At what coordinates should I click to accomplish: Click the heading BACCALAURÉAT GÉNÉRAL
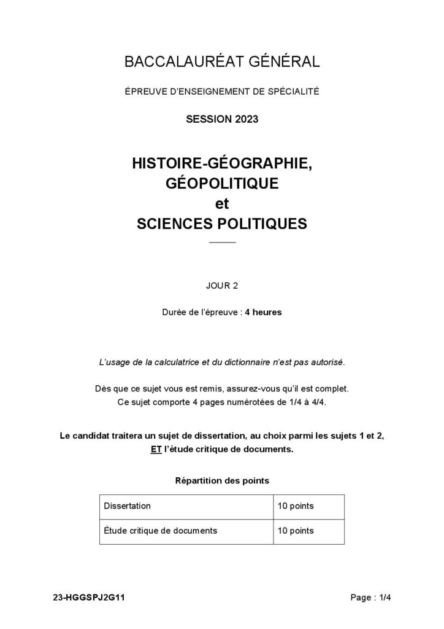[x=222, y=61]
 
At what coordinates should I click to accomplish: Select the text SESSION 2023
[x=222, y=119]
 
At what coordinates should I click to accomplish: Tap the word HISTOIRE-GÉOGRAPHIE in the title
[x=222, y=164]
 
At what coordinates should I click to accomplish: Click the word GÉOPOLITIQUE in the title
[x=222, y=183]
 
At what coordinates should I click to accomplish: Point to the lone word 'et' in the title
[x=222, y=203]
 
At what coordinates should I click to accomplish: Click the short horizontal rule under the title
[x=222, y=243]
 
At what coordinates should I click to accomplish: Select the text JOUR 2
[x=222, y=285]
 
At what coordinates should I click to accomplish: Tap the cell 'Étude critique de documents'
[x=161, y=530]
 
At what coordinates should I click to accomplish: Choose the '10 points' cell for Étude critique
[x=296, y=530]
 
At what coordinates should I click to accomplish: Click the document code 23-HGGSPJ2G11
[x=90, y=597]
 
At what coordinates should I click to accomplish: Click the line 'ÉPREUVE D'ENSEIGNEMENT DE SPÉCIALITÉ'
[x=222, y=92]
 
